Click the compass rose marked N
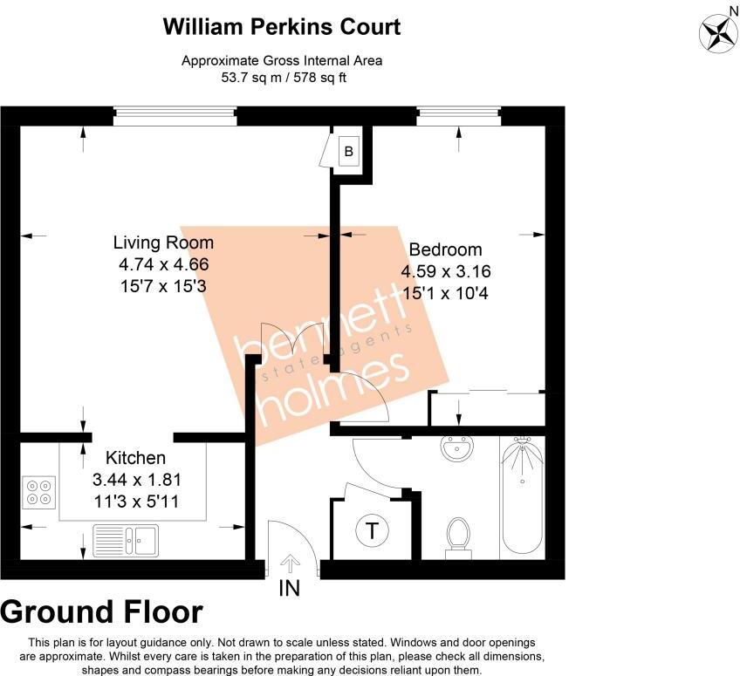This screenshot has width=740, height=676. pos(720,32)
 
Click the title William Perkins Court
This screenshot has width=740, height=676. pos(282,26)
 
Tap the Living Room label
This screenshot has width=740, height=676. pos(164,242)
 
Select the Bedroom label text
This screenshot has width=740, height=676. pos(445,249)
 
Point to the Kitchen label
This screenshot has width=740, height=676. pos(135,458)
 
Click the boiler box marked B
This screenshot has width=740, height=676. pos(349,152)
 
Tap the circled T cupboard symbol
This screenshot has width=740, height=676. pos(373,530)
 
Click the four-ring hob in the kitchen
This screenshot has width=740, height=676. pos(39,492)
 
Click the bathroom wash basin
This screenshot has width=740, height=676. pos(457,449)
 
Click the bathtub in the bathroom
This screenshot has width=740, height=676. pos(522,497)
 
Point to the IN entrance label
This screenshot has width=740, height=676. pos(289,589)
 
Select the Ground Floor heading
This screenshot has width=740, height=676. pos(102,613)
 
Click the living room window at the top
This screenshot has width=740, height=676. pos(175,117)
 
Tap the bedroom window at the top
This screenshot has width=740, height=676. pos(459,117)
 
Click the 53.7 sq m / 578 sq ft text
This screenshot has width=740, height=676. pos(282,77)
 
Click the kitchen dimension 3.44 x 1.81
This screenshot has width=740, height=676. pos(137,480)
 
